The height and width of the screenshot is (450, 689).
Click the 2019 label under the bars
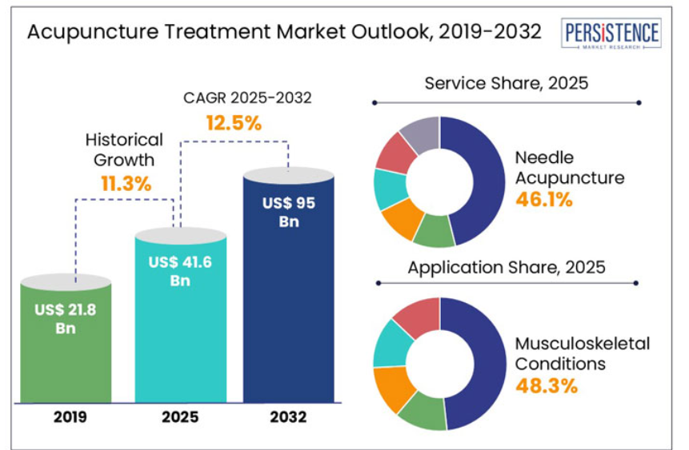(66, 417)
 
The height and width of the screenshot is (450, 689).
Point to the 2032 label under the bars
(289, 417)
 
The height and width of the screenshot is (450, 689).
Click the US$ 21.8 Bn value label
(66, 318)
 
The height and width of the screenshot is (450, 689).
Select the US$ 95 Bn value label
(289, 212)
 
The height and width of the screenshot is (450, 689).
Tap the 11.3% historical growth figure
(126, 183)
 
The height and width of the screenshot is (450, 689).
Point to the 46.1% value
(544, 200)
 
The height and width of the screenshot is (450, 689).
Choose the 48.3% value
(547, 387)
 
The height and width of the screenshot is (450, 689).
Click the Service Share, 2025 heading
(506, 83)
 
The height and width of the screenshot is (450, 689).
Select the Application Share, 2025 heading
(506, 267)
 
